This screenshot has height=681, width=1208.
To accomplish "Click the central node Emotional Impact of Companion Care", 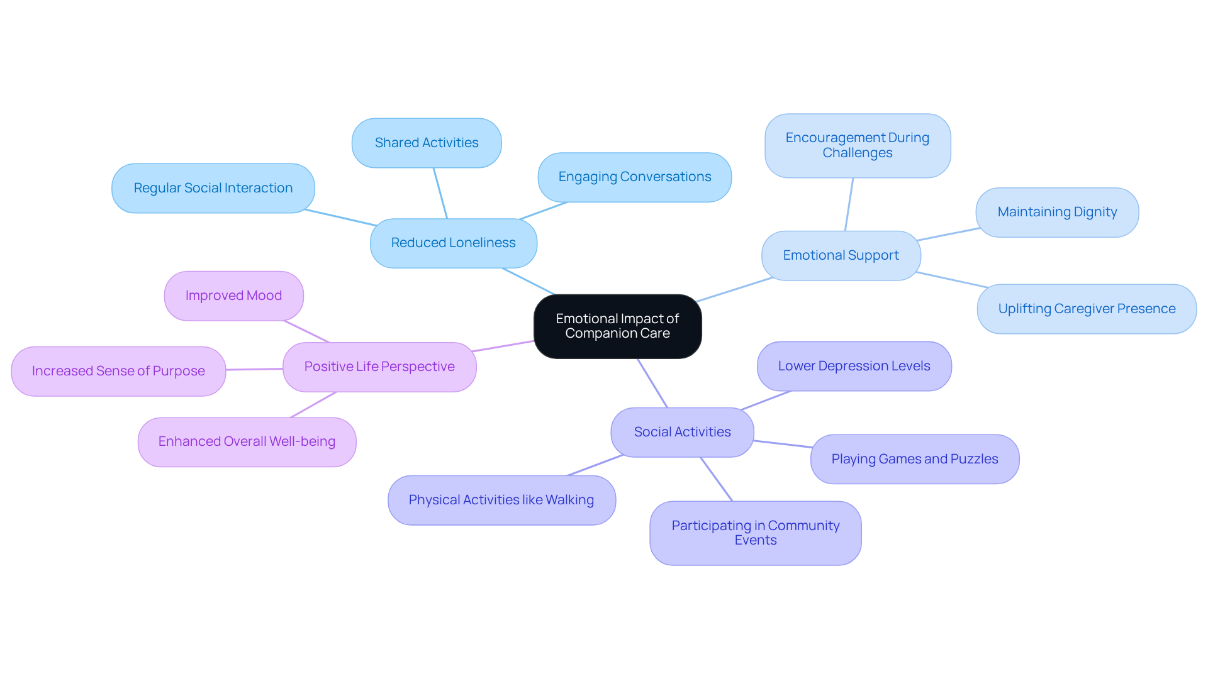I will (x=617, y=326).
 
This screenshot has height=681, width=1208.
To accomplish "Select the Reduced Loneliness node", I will (x=453, y=243).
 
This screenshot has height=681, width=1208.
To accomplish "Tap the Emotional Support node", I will (x=841, y=256).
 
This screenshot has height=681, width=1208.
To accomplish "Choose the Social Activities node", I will (x=682, y=433).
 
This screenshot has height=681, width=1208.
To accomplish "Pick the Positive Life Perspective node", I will (x=379, y=367).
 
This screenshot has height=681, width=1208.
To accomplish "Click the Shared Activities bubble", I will (x=427, y=143).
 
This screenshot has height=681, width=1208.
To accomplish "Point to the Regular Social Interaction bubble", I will (x=213, y=189).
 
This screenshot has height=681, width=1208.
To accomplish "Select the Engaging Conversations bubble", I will (x=634, y=177).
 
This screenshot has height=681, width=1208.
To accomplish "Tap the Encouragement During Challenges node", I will (x=857, y=146).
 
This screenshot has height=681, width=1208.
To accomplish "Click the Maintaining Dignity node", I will (x=1057, y=213).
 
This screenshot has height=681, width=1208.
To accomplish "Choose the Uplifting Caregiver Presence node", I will (x=1087, y=309).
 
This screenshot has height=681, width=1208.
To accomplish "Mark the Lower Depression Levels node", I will (x=854, y=367).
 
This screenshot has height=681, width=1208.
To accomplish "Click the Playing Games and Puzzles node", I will (x=914, y=460).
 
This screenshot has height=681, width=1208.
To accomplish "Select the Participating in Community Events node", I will (x=755, y=533).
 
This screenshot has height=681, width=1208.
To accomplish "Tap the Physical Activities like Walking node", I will (x=501, y=501).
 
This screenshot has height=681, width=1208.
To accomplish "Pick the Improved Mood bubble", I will (x=233, y=296).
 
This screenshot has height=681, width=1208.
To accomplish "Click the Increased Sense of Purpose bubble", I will (x=118, y=372).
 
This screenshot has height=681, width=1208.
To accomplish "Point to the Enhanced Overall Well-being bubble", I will (x=247, y=442).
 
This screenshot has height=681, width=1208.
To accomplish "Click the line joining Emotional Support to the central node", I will (x=734, y=289).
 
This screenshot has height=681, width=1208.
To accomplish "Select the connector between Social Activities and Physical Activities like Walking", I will (x=595, y=465).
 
